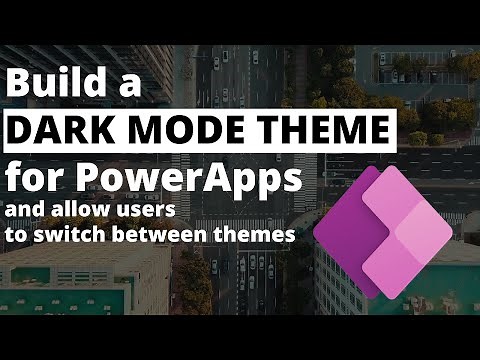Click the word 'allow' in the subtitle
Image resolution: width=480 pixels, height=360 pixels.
tap(88, 211)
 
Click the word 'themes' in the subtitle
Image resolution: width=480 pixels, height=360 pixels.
tap(261, 236)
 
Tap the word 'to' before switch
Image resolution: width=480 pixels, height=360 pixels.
tap(22, 236)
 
